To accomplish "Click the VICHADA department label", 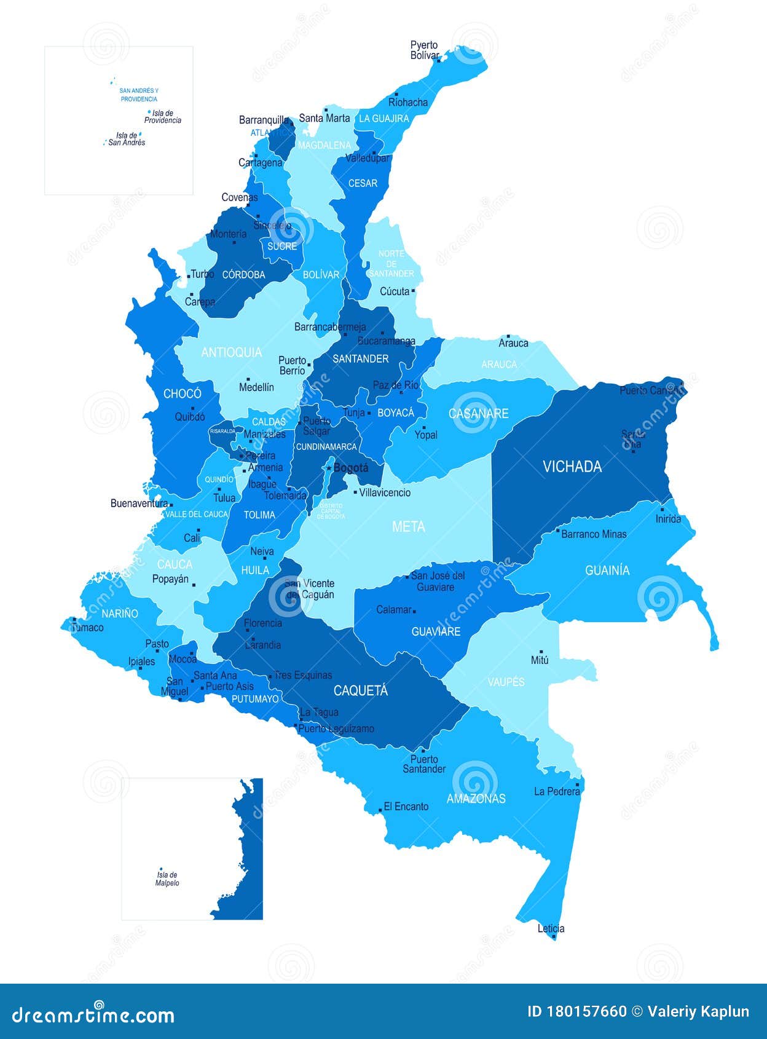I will click(x=572, y=467).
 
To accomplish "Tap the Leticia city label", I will click(x=551, y=928).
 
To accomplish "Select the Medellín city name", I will click(x=256, y=387).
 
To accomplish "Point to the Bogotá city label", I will click(x=351, y=468).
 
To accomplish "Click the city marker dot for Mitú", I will click(x=541, y=652).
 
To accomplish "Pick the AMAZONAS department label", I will click(x=476, y=799).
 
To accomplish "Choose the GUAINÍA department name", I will click(x=607, y=571).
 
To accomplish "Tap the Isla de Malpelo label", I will click(x=167, y=879).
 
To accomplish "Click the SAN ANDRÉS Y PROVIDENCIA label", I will click(x=139, y=95).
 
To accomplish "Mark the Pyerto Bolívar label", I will click(x=424, y=50).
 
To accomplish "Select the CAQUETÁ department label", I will click(x=360, y=691).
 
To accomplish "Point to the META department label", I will click(x=408, y=527).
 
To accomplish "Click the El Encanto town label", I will click(x=406, y=807).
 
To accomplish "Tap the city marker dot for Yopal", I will click(x=424, y=427).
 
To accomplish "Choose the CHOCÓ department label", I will click(x=182, y=394).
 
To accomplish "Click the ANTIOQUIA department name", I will click(x=231, y=352).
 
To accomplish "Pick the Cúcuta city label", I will click(x=395, y=291).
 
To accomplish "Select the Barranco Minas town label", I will click(x=594, y=534).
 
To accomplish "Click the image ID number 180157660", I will click(x=587, y=1012).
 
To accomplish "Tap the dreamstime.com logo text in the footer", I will click(x=93, y=1014).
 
